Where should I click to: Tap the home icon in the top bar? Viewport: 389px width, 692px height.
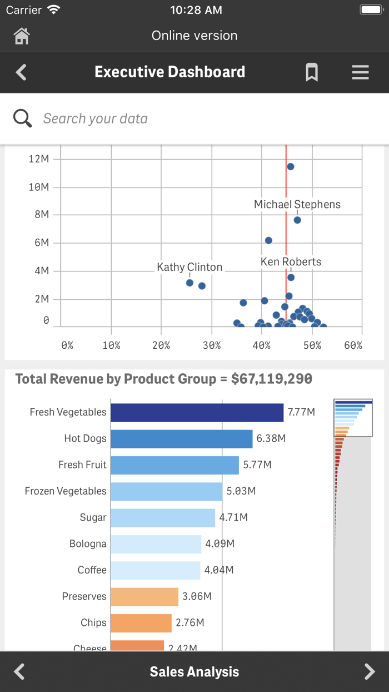tap(22, 36)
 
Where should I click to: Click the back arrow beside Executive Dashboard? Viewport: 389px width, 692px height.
tap(21, 72)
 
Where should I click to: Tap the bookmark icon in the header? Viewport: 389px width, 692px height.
tap(312, 72)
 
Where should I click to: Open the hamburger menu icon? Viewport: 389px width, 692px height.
tap(360, 72)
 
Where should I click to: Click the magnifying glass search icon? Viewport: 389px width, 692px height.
tap(23, 118)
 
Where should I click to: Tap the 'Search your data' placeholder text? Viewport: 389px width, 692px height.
tap(96, 118)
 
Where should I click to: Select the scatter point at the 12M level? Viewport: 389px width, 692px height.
tap(290, 166)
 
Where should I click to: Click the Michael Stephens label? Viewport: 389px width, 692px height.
tap(297, 205)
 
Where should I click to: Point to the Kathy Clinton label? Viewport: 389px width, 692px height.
tap(189, 268)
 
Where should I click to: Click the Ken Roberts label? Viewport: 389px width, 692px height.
tap(291, 261)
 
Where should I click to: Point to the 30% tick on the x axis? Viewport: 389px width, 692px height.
tap(212, 345)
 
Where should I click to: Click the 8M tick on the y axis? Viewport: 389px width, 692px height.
tap(42, 215)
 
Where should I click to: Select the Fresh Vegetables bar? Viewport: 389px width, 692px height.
tap(197, 412)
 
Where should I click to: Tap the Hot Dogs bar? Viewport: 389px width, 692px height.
tap(181, 439)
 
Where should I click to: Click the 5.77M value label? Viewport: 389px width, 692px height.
tap(257, 465)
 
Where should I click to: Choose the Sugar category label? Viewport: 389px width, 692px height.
tap(93, 517)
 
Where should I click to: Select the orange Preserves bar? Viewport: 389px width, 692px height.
tap(144, 596)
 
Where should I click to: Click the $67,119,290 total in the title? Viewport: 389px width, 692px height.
tap(272, 379)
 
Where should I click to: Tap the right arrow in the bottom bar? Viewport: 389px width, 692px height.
tap(370, 671)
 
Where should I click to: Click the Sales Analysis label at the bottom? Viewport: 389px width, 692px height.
tap(194, 672)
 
